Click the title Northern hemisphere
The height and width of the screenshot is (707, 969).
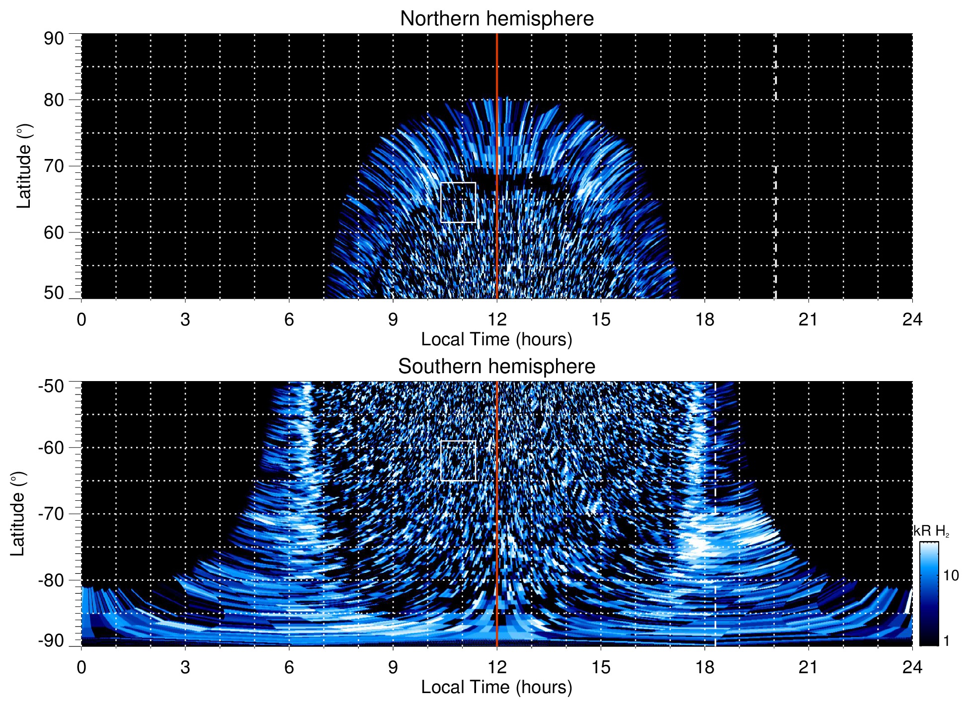[496, 19]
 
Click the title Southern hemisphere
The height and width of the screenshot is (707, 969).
[496, 367]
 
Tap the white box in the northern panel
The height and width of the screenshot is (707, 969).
[458, 203]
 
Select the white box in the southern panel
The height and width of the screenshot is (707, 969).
[458, 461]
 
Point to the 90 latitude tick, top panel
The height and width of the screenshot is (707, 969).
[54, 39]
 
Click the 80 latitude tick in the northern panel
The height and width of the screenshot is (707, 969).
[54, 100]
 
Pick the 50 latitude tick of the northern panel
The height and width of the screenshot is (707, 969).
[54, 293]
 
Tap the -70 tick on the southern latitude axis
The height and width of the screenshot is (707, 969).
[51, 514]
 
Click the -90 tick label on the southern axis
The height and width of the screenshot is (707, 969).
[51, 640]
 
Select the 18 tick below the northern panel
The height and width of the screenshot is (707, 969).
[705, 319]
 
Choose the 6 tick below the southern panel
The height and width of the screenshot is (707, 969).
[289, 667]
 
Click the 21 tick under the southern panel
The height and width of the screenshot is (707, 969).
[808, 667]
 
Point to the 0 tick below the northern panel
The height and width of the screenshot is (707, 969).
[81, 319]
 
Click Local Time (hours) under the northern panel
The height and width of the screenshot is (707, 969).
[496, 340]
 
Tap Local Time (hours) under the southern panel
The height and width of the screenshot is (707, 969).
[496, 688]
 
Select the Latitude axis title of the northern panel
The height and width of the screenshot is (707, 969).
[24, 166]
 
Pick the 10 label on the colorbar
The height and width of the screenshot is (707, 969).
[951, 576]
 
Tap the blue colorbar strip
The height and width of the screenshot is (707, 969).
[928, 594]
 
